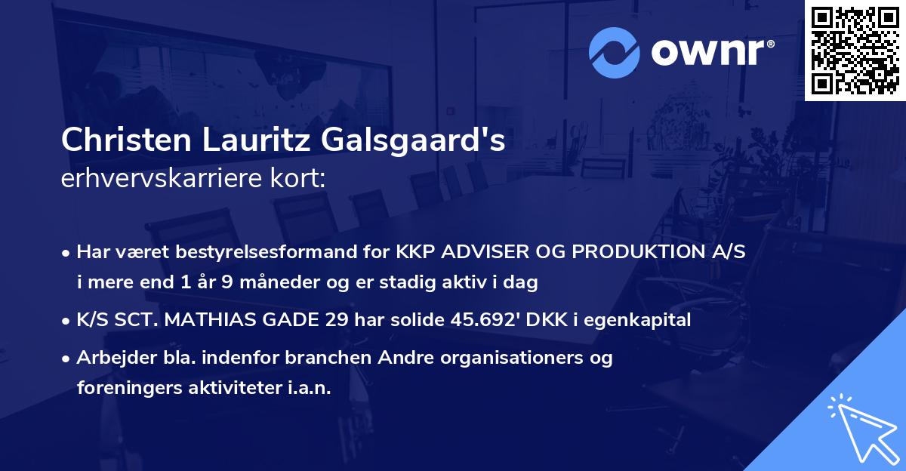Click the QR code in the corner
click(855, 51)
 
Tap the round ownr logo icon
click(614, 52)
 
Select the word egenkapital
click(645, 320)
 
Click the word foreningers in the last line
click(121, 387)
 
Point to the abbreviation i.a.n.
click(309, 387)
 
